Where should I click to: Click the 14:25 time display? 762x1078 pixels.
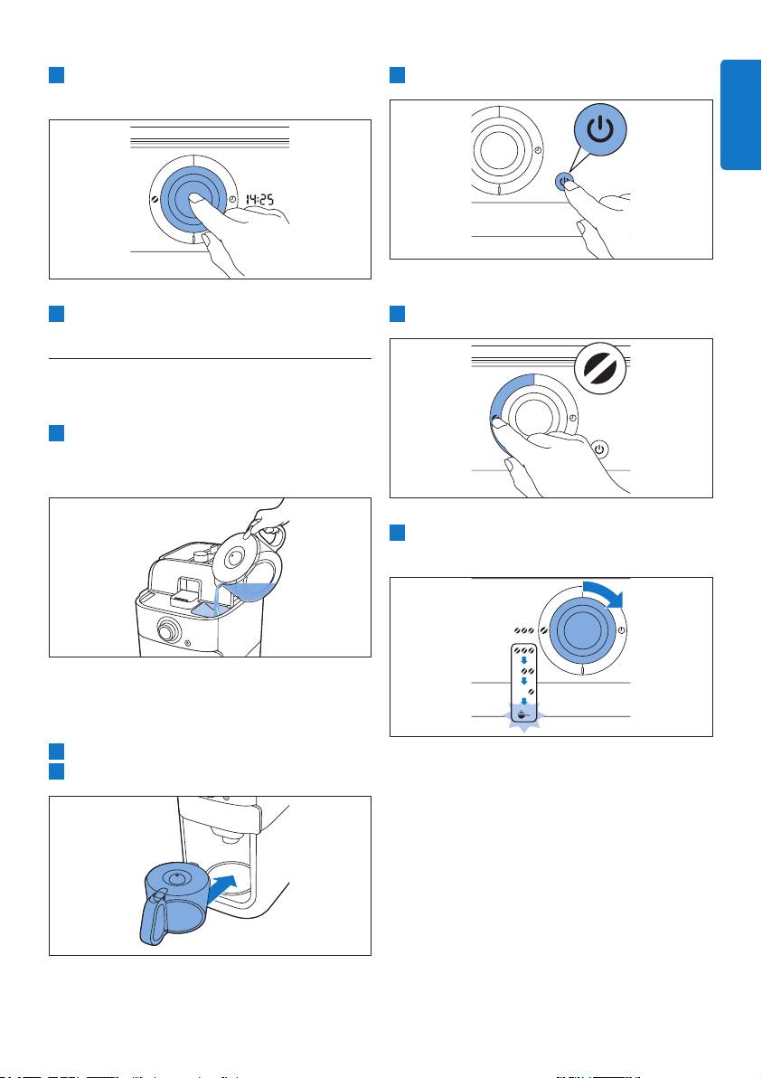259,200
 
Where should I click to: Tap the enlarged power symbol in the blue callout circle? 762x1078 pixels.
600,129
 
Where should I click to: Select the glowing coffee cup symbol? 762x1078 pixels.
524,714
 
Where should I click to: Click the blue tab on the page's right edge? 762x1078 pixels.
740,114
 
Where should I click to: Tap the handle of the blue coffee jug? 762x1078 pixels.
154,917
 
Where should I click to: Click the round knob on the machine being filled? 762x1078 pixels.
167,629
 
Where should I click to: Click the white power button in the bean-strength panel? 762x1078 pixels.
600,449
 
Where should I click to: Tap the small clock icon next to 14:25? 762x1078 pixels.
234,199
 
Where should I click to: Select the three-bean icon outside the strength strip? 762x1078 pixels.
524,629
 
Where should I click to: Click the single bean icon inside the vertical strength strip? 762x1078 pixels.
531,690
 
